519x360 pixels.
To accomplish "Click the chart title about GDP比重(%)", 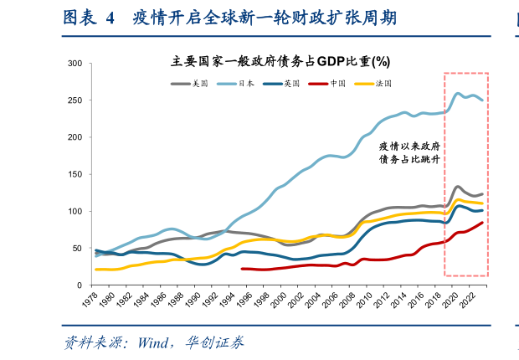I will coord(280,61).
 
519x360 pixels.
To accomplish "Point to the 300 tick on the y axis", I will coord(75,64).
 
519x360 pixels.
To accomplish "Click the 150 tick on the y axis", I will coord(75,174).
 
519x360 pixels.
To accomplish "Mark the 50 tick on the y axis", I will coord(77,248).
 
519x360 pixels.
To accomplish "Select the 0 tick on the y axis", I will coord(80,285).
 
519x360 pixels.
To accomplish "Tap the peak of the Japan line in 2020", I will coord(457,93).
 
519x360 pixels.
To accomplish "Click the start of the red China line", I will coord(242,269).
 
